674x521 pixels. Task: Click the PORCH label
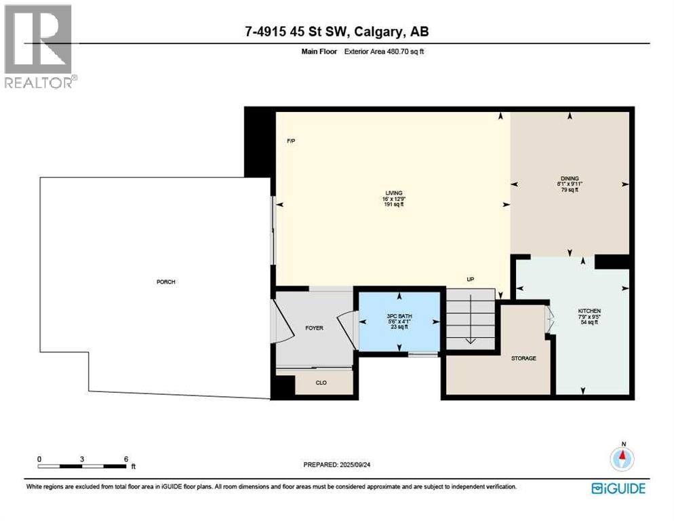pyautogui.click(x=166, y=282)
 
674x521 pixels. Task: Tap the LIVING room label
pyautogui.click(x=394, y=193)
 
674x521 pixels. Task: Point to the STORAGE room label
pyautogui.click(x=523, y=358)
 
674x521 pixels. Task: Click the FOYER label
pyautogui.click(x=314, y=328)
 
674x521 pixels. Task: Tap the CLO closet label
pyautogui.click(x=321, y=383)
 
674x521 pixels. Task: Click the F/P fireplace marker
pyautogui.click(x=291, y=141)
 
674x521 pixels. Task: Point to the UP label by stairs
pyautogui.click(x=470, y=279)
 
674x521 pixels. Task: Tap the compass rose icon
pyautogui.click(x=622, y=459)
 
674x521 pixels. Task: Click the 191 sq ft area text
pyautogui.click(x=394, y=204)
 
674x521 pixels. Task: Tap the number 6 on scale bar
pyautogui.click(x=126, y=459)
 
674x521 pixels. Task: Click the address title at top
pyautogui.click(x=337, y=31)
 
